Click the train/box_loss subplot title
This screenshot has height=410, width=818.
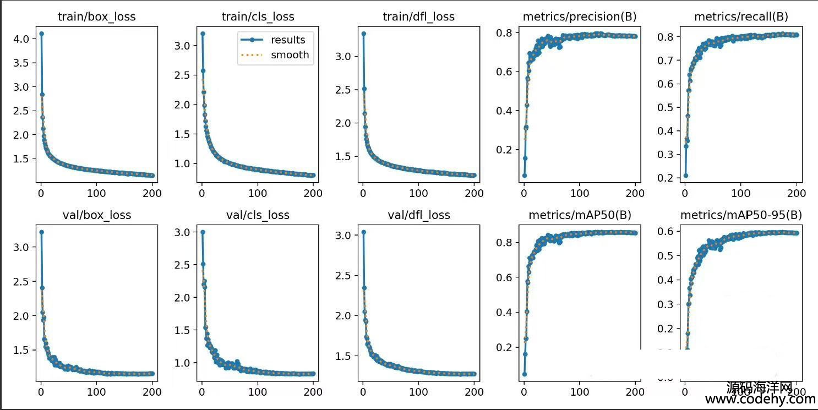pos(96,17)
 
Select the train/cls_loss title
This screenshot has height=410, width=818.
pos(258,17)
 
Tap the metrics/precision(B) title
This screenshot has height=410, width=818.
pos(580,17)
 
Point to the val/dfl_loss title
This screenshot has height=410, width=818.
pos(419,215)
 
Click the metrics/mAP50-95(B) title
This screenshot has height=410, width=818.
pos(741,215)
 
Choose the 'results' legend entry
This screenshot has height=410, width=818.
pos(288,40)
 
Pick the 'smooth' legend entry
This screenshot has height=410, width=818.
pos(290,55)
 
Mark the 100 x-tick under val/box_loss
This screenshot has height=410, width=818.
pos(96,392)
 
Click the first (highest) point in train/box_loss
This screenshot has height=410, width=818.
pos(41,34)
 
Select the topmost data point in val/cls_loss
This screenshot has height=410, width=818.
pos(202,232)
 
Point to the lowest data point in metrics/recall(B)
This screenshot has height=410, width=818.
pos(685,176)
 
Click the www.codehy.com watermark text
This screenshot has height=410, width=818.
pos(760,400)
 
